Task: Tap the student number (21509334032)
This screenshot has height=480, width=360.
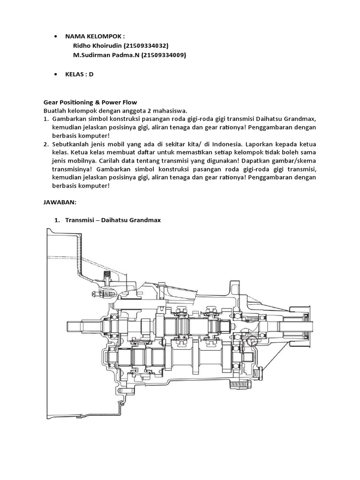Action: pos(146,45)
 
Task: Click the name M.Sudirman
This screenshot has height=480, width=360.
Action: pos(92,55)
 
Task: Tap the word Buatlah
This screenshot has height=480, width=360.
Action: pos(55,110)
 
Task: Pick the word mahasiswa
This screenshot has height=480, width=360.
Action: pos(171,110)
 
